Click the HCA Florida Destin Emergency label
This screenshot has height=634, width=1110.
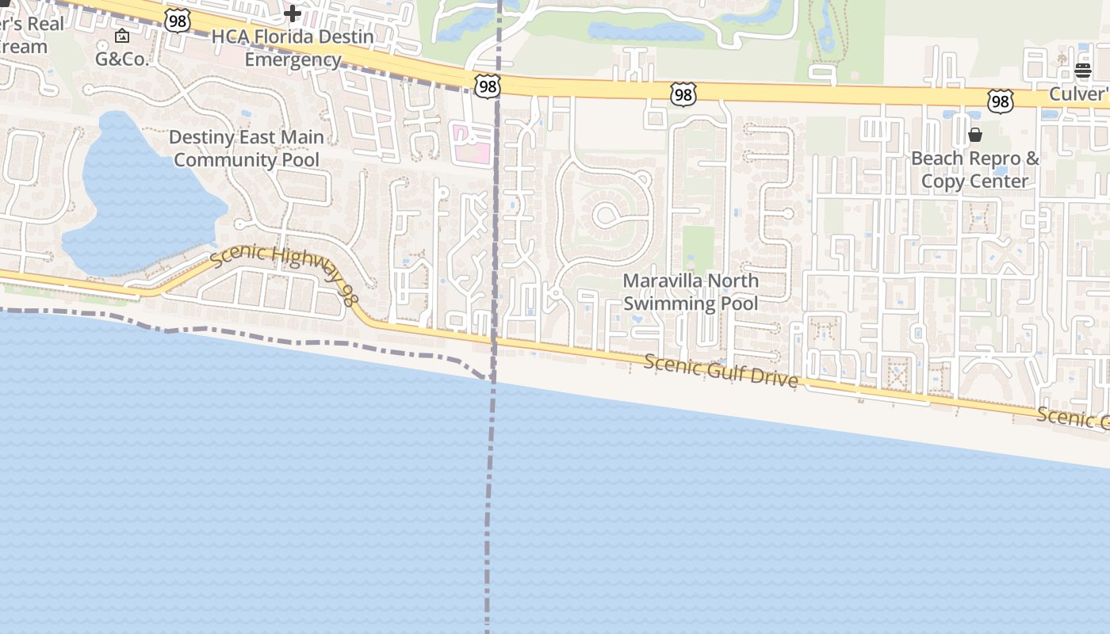point(293,48)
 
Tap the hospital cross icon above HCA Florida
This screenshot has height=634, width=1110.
point(293,13)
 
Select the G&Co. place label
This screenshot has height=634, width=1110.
point(122,59)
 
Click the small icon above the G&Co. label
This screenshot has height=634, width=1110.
point(122,36)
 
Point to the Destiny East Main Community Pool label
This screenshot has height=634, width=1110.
point(247,148)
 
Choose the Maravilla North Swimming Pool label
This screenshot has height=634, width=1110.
point(691,292)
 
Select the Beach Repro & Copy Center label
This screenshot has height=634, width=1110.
point(975,170)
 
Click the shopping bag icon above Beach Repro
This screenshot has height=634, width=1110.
point(975,135)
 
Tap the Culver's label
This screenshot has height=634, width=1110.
point(1079,94)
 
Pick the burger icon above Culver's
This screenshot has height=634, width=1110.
point(1083,71)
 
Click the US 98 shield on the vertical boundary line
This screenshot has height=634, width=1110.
point(488,86)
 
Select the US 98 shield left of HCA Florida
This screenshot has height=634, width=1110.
point(178,21)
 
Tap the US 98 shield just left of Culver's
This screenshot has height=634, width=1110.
point(1000,101)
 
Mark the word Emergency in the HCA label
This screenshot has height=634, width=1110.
point(293,59)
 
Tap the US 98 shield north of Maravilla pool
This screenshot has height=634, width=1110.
point(683,95)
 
